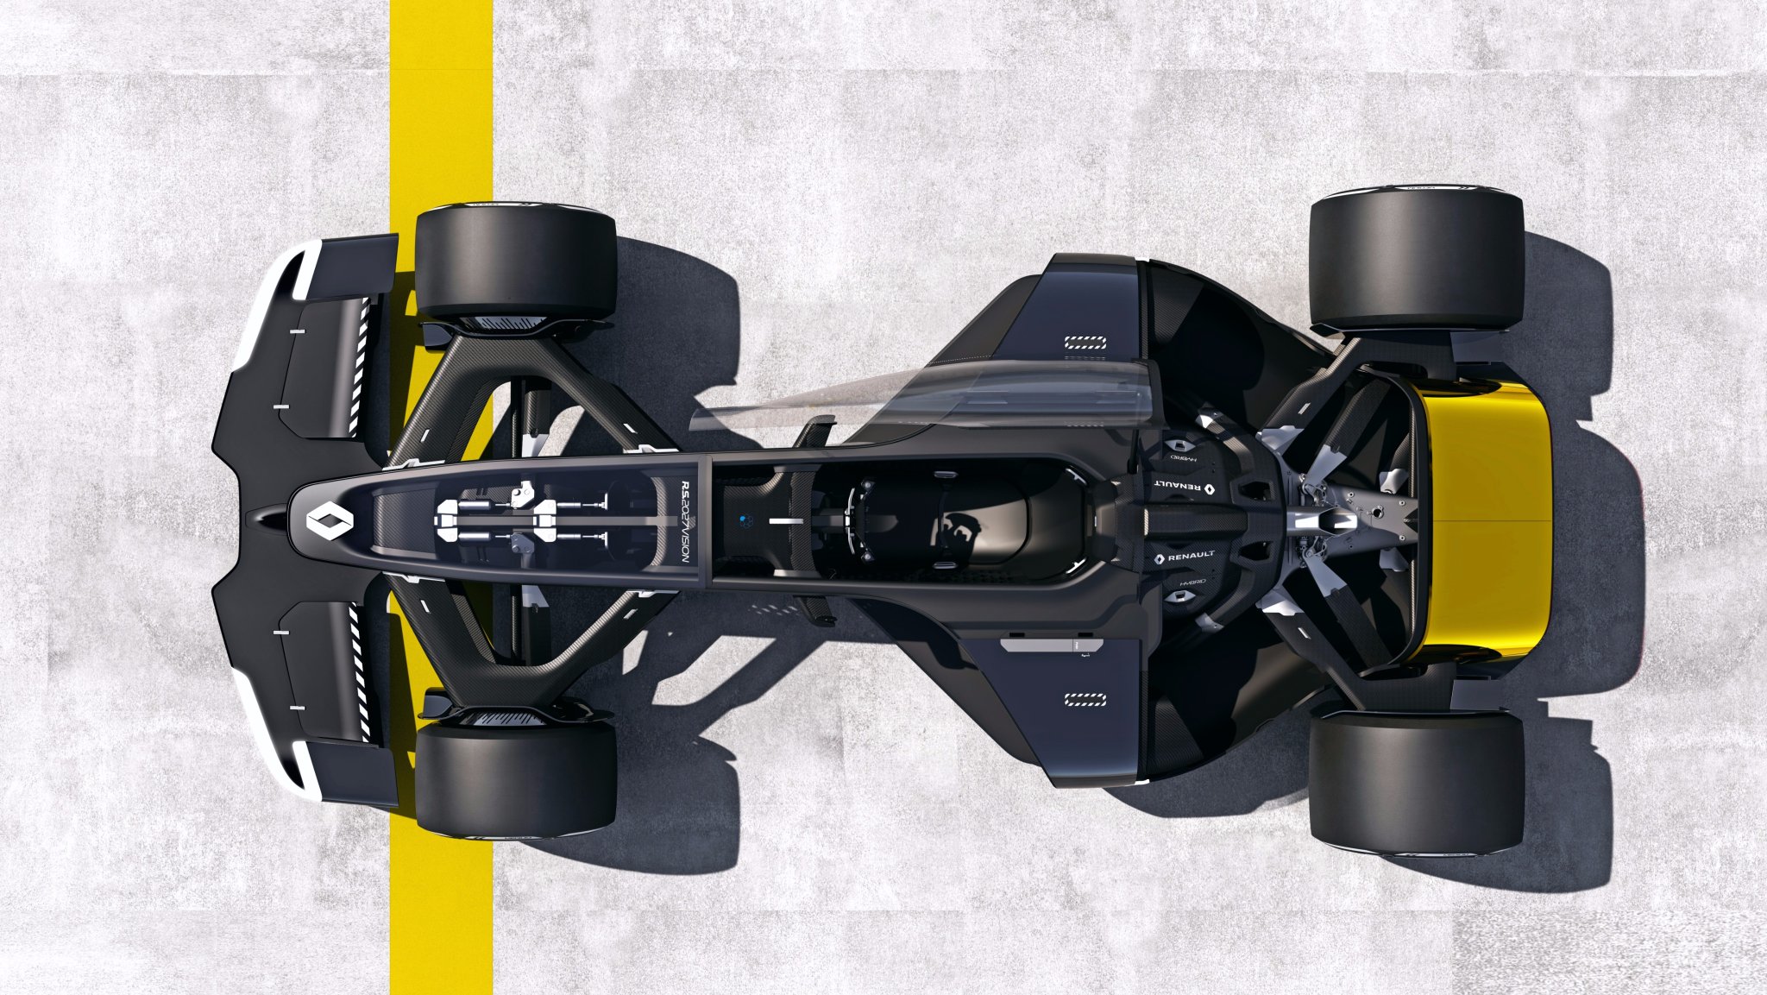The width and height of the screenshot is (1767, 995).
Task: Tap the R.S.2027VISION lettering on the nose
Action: [687, 522]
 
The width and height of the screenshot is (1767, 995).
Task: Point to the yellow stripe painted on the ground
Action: [441, 104]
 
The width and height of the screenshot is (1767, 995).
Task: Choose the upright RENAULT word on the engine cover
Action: [1185, 557]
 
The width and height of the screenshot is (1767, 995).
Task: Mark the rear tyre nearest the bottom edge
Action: [1416, 782]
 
